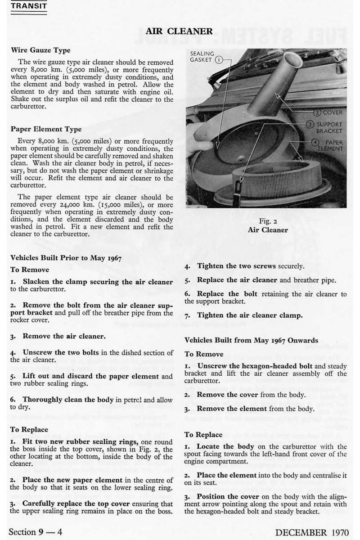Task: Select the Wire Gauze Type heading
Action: pos(40,50)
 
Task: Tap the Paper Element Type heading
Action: pos(46,129)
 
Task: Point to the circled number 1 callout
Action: pos(218,59)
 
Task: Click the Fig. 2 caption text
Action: pos(268,221)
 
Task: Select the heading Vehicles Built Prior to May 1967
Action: pos(66,258)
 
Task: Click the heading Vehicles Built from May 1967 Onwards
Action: pos(251,340)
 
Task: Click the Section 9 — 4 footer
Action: pos(35,532)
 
